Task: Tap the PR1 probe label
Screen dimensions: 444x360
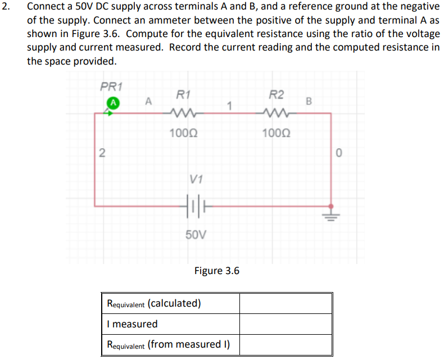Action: point(111,86)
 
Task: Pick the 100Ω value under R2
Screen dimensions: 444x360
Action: point(276,133)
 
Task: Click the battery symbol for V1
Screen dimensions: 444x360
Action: point(193,206)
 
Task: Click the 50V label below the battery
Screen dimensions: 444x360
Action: point(194,234)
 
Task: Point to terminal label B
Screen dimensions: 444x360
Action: point(308,102)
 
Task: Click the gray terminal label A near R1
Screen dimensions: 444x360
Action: point(148,102)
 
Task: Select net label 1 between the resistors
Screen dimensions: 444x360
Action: point(229,104)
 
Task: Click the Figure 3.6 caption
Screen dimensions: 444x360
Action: point(216,271)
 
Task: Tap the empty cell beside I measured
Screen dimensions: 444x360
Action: point(286,324)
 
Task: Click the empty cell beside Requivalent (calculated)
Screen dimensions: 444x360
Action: point(286,304)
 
